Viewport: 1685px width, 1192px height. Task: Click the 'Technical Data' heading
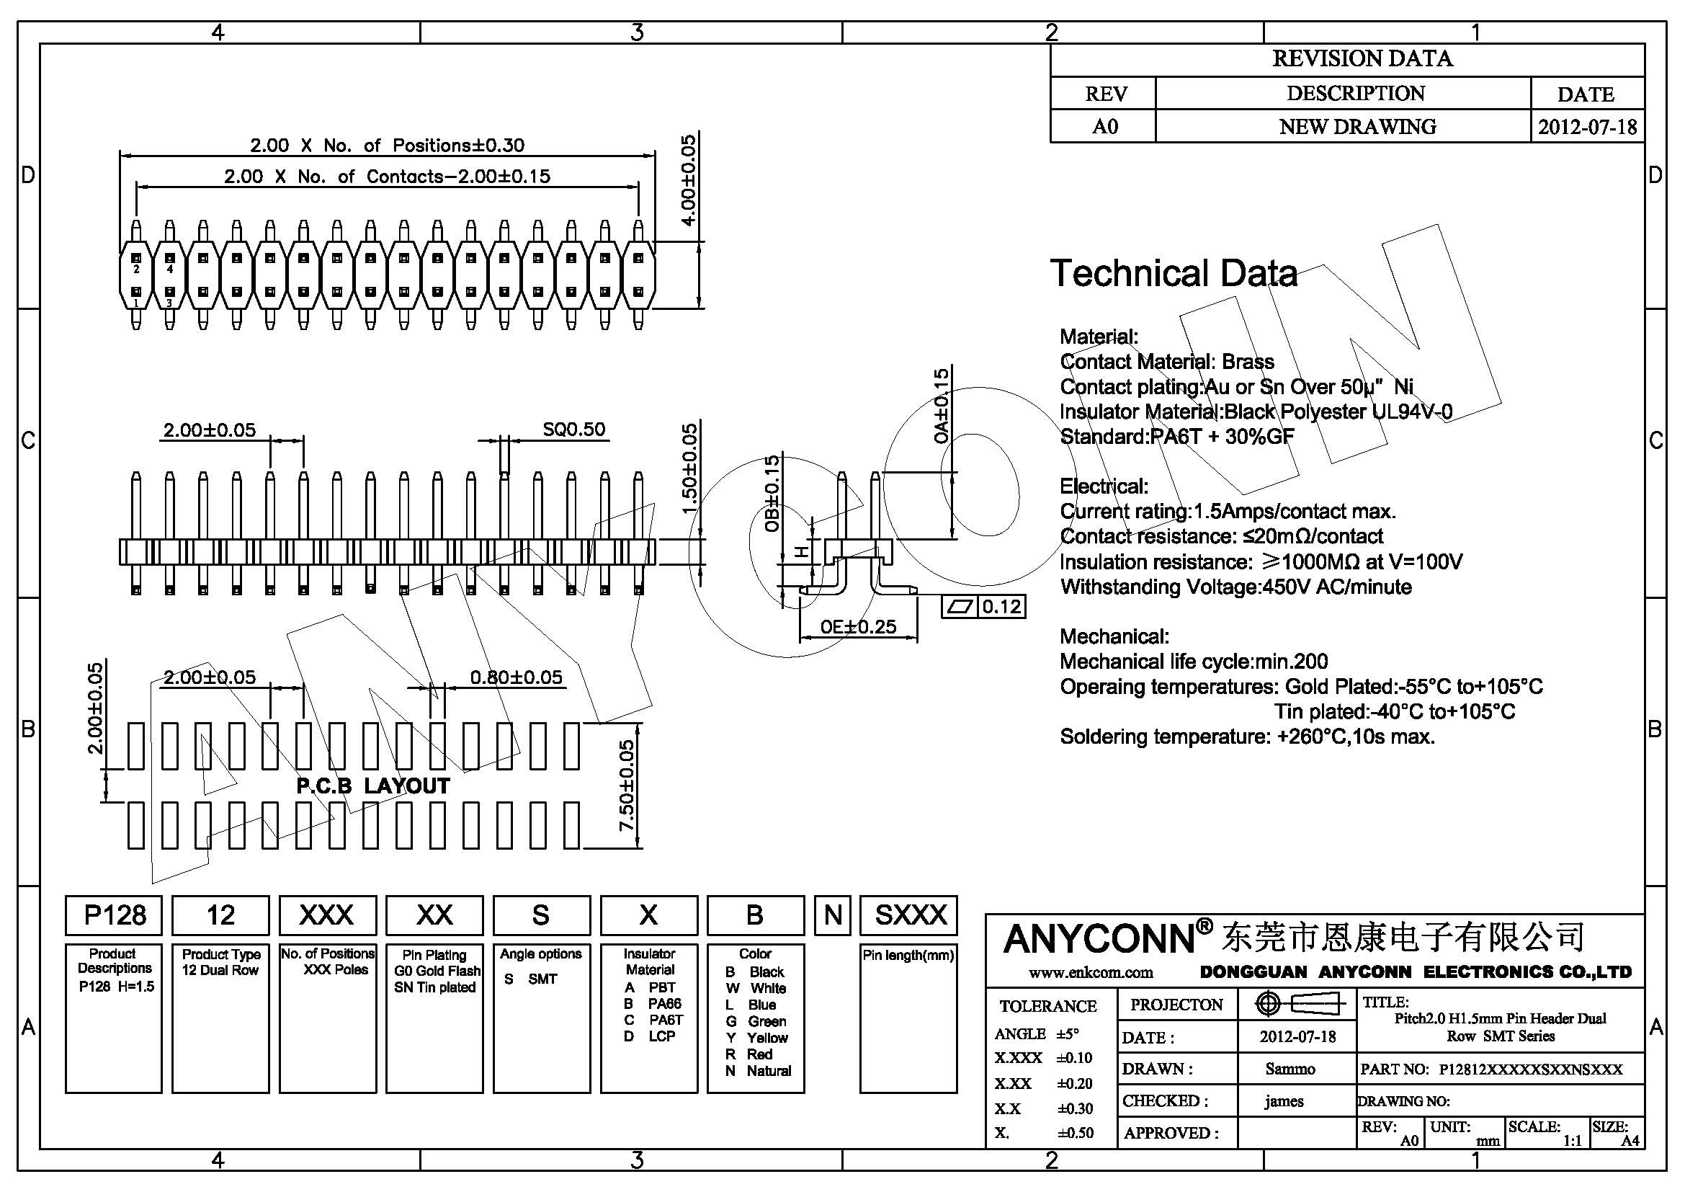pyautogui.click(x=1174, y=273)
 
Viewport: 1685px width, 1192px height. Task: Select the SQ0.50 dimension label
pyautogui.click(x=574, y=430)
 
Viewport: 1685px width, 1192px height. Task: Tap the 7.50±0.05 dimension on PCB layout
pyautogui.click(x=627, y=786)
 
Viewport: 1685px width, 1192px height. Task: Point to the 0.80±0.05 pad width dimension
pyautogui.click(x=516, y=677)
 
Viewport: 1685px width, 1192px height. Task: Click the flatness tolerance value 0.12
pyautogui.click(x=1002, y=607)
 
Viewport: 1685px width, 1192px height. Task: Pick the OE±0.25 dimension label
pyautogui.click(x=858, y=627)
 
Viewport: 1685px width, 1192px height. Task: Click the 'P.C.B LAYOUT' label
pyautogui.click(x=373, y=786)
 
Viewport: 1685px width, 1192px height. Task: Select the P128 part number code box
pyautogui.click(x=115, y=915)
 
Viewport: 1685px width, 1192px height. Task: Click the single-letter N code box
pyautogui.click(x=833, y=915)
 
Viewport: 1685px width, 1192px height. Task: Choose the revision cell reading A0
pyautogui.click(x=1104, y=126)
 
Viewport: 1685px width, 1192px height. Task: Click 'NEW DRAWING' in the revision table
pyautogui.click(x=1357, y=126)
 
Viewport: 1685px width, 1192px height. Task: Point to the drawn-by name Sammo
pyautogui.click(x=1290, y=1069)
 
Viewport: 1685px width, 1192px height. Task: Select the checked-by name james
pyautogui.click(x=1284, y=1101)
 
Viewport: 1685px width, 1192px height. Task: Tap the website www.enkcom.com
pyautogui.click(x=1091, y=972)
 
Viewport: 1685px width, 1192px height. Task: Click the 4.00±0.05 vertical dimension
pyautogui.click(x=689, y=181)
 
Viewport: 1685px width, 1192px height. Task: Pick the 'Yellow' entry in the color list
pyautogui.click(x=767, y=1038)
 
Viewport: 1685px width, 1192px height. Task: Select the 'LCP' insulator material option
pyautogui.click(x=661, y=1036)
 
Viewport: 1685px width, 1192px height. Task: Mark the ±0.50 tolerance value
pyautogui.click(x=1075, y=1134)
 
